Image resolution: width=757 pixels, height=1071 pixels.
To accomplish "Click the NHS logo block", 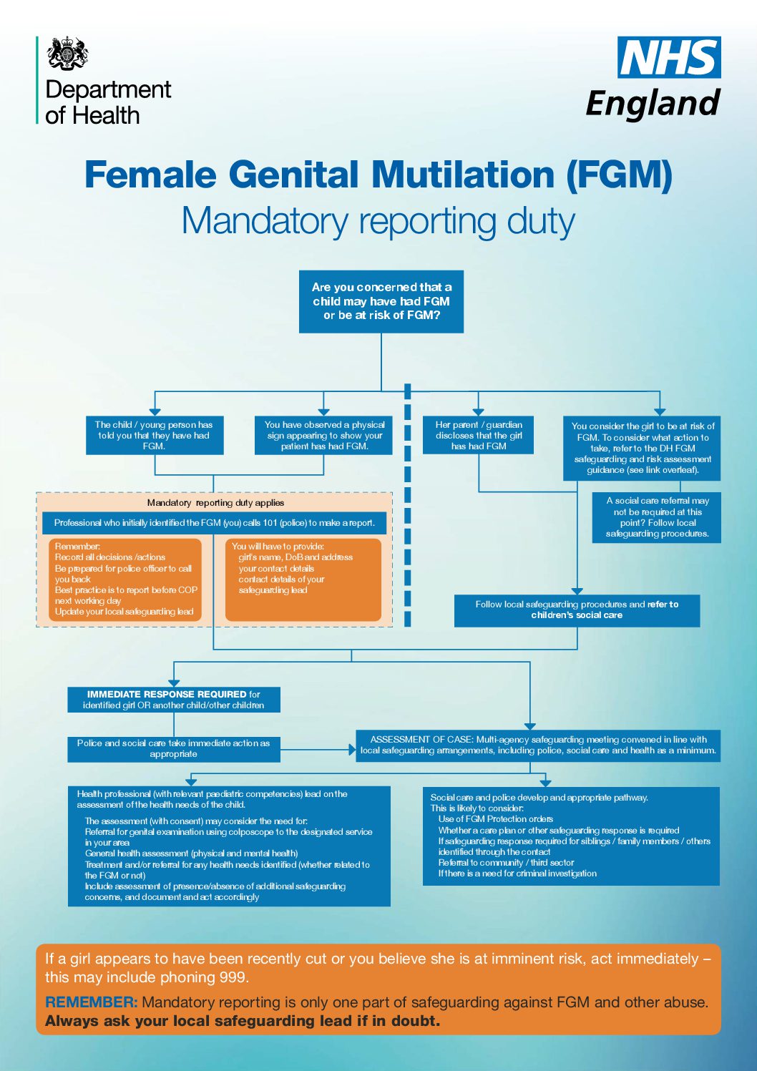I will pyautogui.click(x=669, y=57).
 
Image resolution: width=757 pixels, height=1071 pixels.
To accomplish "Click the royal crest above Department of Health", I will pyautogui.click(x=68, y=54).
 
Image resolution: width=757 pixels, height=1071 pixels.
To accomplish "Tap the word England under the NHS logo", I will pyautogui.click(x=653, y=102).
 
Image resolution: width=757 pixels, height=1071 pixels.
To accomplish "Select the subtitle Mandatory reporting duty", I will pyautogui.click(x=378, y=220).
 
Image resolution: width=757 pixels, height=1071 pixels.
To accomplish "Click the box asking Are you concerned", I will pyautogui.click(x=381, y=301).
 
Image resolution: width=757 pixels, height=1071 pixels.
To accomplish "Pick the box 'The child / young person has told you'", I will pyautogui.click(x=155, y=435).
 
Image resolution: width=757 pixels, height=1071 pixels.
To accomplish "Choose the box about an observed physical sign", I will pyautogui.click(x=324, y=435).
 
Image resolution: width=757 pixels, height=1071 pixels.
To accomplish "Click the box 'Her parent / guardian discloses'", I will pyautogui.click(x=479, y=435).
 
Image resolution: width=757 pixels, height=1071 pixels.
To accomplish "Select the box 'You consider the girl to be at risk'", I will pyautogui.click(x=643, y=448).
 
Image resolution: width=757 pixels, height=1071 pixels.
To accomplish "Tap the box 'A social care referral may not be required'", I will pyautogui.click(x=657, y=517).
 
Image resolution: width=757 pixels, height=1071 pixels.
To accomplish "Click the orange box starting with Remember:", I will pyautogui.click(x=125, y=579).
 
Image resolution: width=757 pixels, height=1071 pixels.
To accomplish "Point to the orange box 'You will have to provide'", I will pyautogui.click(x=303, y=579).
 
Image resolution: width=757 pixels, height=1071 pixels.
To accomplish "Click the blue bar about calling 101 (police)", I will pyautogui.click(x=214, y=523).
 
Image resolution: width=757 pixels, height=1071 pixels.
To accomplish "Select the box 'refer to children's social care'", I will pyautogui.click(x=577, y=610).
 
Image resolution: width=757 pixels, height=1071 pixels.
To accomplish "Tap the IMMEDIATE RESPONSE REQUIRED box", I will pyautogui.click(x=174, y=700).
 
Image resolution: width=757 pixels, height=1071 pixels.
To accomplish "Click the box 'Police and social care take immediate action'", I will pyautogui.click(x=174, y=749).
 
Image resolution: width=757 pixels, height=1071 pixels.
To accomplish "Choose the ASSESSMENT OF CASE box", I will pyautogui.click(x=538, y=745).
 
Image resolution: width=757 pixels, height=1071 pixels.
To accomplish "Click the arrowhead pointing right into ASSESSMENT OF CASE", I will pyautogui.click(x=352, y=750).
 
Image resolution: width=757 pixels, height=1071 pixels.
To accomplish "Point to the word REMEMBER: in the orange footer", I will pyautogui.click(x=91, y=1002).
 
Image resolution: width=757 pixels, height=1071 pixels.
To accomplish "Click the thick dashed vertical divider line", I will pyautogui.click(x=408, y=508).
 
